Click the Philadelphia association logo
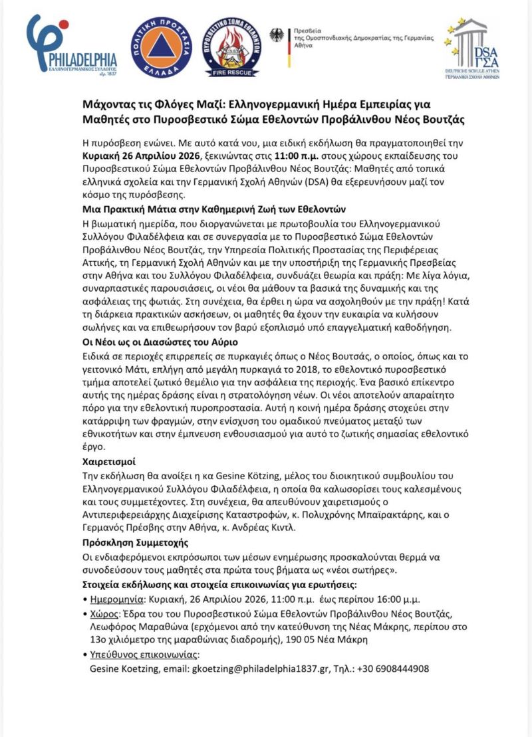[x=71, y=45]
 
